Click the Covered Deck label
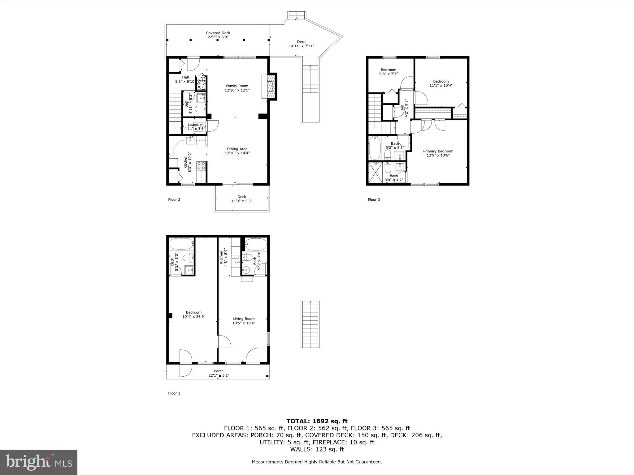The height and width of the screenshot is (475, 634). click(218, 35)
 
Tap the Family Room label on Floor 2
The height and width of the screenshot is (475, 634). click(237, 88)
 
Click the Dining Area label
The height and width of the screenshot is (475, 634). click(237, 151)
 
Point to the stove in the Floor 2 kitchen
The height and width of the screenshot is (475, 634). click(201, 166)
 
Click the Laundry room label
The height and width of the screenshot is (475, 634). click(195, 126)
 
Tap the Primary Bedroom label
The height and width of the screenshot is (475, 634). click(438, 153)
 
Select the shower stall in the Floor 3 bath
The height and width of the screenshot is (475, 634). click(375, 173)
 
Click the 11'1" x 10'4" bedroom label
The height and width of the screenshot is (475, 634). click(441, 83)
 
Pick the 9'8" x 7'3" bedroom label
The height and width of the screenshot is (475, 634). click(388, 72)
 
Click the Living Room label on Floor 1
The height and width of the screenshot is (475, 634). click(244, 321)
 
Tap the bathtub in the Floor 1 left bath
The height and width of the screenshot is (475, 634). click(181, 244)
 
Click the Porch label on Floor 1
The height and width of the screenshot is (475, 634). click(219, 373)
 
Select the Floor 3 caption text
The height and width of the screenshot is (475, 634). click(374, 199)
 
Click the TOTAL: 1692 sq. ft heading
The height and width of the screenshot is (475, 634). click(317, 421)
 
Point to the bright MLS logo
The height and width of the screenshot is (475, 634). click(39, 462)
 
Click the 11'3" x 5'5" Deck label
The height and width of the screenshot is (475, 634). click(241, 199)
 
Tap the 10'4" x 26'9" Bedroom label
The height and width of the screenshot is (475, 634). click(193, 314)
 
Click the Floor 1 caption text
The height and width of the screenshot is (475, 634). click(174, 393)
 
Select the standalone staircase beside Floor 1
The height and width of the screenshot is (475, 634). click(310, 324)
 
